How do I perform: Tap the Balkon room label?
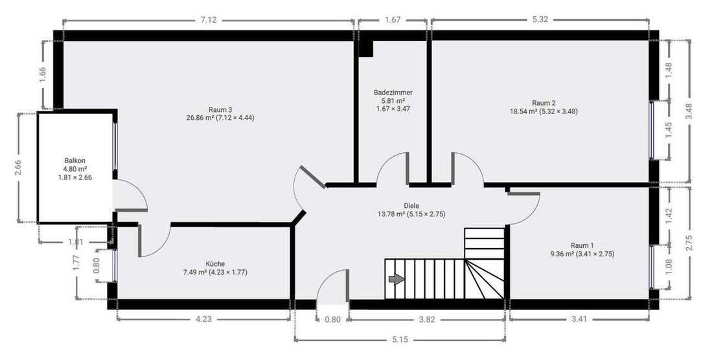[x=75, y=161]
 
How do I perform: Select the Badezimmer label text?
[x=393, y=93]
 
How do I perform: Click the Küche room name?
[x=215, y=264]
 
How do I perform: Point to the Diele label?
[x=411, y=205]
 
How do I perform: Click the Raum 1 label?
[x=582, y=245]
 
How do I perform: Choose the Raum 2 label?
[x=544, y=102]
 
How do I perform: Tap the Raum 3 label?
[x=220, y=109]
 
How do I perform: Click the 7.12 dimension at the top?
[x=209, y=20]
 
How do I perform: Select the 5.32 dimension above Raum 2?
[x=540, y=20]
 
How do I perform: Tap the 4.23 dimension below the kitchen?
[x=203, y=319]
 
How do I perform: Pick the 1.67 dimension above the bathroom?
[x=392, y=20]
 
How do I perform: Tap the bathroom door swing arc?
[x=392, y=167]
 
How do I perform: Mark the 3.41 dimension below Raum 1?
[x=580, y=319]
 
